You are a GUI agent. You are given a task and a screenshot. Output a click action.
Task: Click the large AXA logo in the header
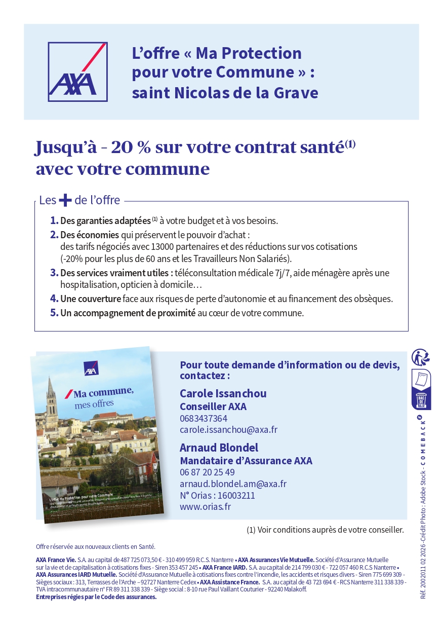pos(77,71)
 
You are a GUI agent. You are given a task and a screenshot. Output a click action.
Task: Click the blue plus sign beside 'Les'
pos(65,200)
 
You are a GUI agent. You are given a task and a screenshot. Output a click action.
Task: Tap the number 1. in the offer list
pos(54,221)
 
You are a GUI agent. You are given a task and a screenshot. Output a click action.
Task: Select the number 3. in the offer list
pos(54,273)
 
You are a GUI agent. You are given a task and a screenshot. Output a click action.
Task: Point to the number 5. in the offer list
pos(54,313)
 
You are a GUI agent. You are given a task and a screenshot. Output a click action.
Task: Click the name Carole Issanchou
pos(223,393)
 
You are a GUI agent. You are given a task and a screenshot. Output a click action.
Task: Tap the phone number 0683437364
pos(204,419)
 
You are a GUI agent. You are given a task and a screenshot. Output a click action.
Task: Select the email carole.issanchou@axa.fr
pos(228,430)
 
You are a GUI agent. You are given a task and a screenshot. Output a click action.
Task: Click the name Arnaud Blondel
pos(219,448)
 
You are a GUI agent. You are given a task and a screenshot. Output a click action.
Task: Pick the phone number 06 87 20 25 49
pos(207,472)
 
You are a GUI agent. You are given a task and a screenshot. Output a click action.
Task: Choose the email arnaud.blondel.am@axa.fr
pos(233,484)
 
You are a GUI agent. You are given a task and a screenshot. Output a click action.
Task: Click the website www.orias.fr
pos(205,506)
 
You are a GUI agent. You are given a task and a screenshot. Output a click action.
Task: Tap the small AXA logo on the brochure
pos(91,369)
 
